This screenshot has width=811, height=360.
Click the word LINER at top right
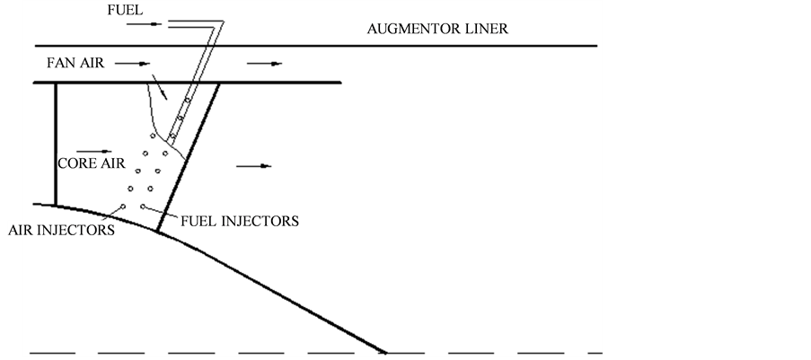pos(486,29)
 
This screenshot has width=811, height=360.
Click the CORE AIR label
pos(91,164)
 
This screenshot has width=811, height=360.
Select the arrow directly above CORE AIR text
pos(97,151)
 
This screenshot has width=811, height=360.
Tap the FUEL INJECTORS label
pos(240,220)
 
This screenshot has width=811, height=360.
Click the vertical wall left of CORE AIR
pos(56,144)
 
